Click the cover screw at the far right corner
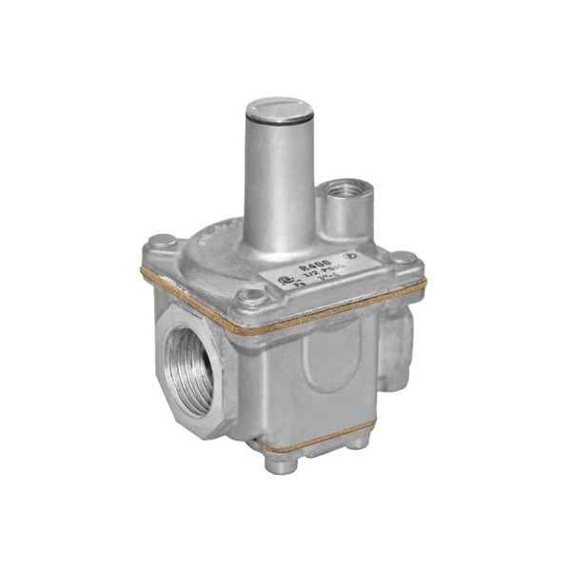tap(404, 259)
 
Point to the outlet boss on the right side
tap(400, 343)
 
